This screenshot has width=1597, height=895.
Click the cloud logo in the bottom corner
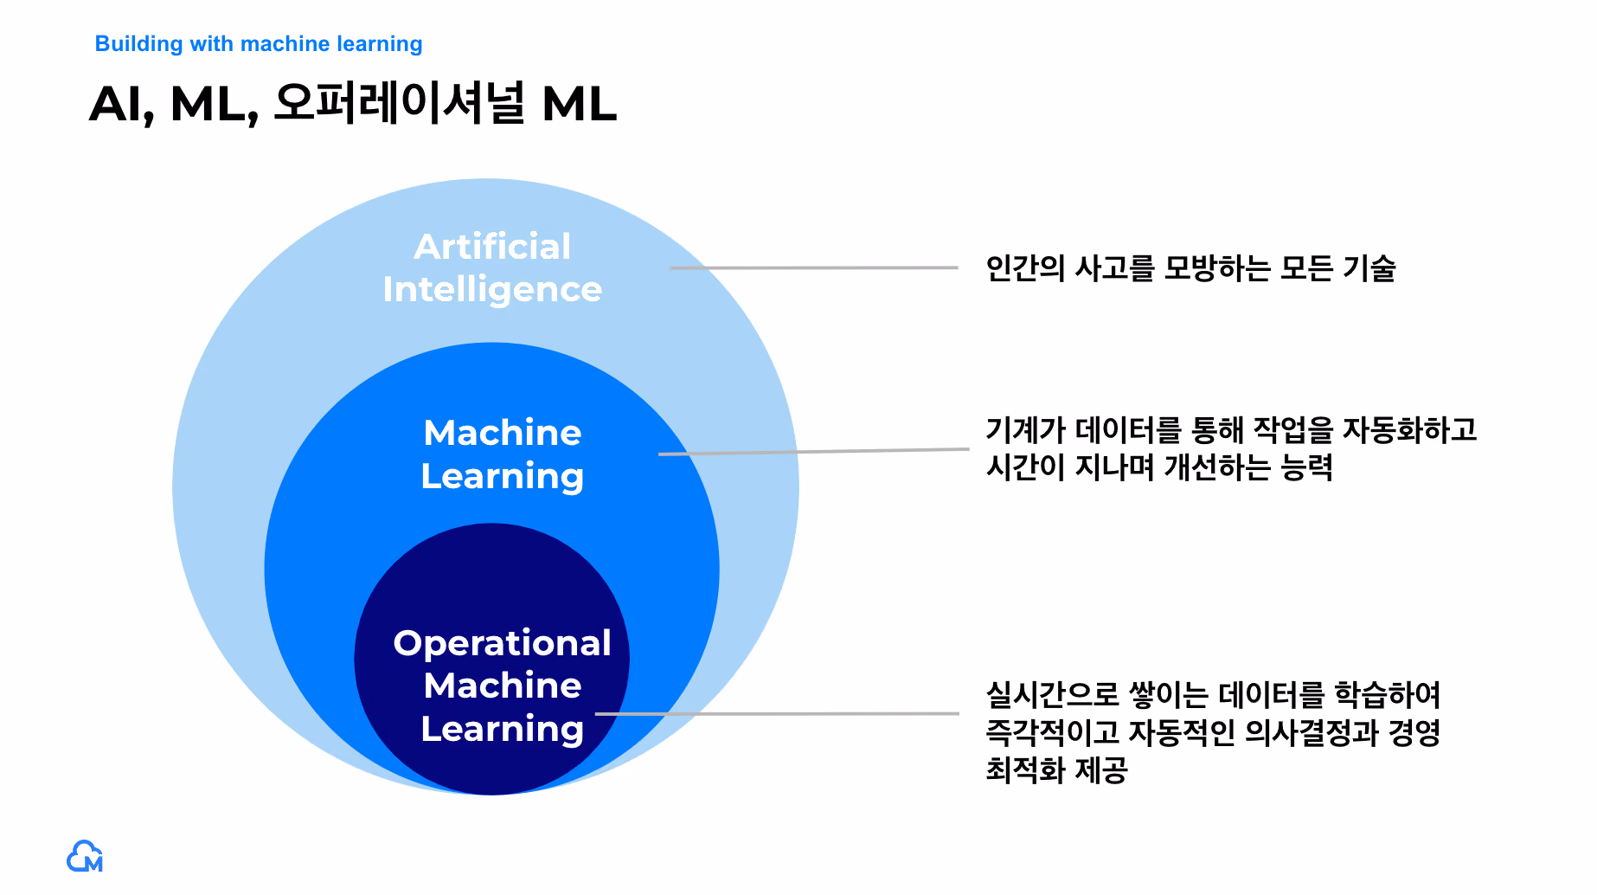pos(85,856)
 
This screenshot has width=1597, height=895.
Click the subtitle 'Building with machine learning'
pos(259,44)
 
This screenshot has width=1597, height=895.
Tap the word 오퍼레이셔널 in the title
pos(399,103)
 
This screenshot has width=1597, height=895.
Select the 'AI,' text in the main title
pos(121,105)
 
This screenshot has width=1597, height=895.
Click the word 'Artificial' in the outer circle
pos(492,247)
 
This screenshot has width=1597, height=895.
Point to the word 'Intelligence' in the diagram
pos(492,290)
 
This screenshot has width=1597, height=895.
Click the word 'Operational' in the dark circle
pos(502,644)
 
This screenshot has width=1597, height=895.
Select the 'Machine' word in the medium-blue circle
pos(503,433)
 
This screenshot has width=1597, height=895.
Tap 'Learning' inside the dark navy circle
pos(502,730)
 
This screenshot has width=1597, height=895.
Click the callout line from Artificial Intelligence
pos(814,267)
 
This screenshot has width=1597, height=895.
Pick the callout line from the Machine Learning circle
pos(814,451)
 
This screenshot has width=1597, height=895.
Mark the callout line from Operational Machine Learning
pos(777,714)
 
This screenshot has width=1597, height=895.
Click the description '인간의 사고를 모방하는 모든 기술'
pos(1191,268)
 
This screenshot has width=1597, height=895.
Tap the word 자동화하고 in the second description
pos(1409,430)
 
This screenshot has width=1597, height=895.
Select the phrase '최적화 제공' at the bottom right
pos(1057,769)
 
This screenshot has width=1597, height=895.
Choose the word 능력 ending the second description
pos(1306,467)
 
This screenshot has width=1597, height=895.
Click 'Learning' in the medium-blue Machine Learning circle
pos(503,477)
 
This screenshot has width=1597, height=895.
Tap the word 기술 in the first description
pos(1369,268)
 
